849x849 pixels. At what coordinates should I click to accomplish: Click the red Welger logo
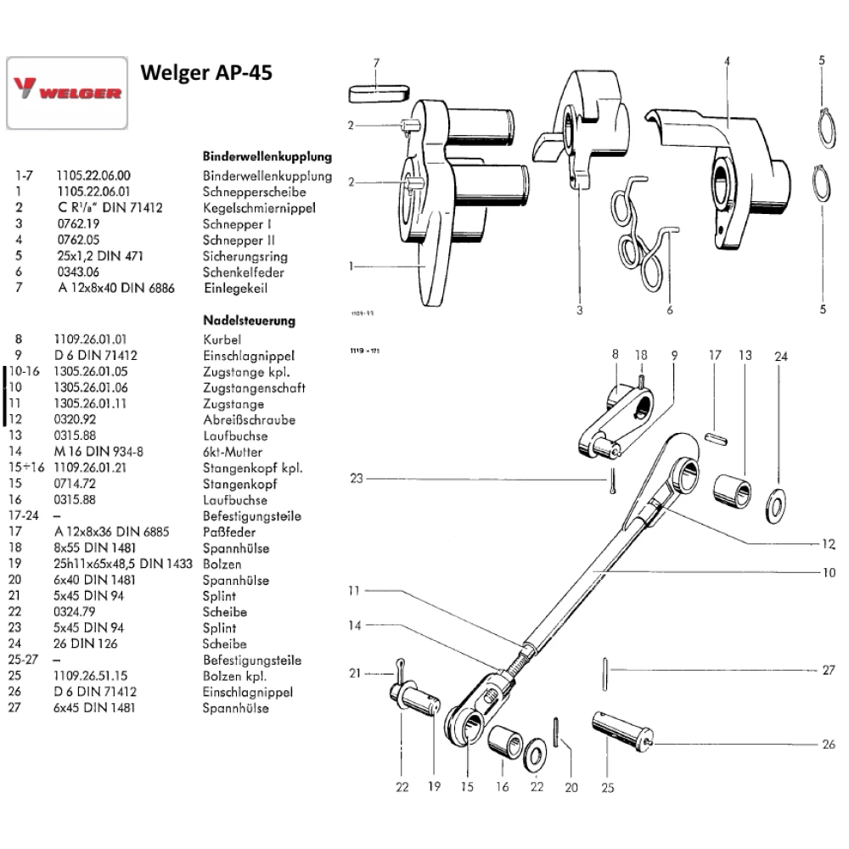coord(67,93)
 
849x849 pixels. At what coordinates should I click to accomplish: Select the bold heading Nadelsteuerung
coord(249,321)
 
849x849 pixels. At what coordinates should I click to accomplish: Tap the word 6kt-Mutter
coord(233,452)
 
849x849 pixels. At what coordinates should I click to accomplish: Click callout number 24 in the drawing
coord(780,357)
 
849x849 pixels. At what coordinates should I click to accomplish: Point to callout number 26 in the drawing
coord(829,745)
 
